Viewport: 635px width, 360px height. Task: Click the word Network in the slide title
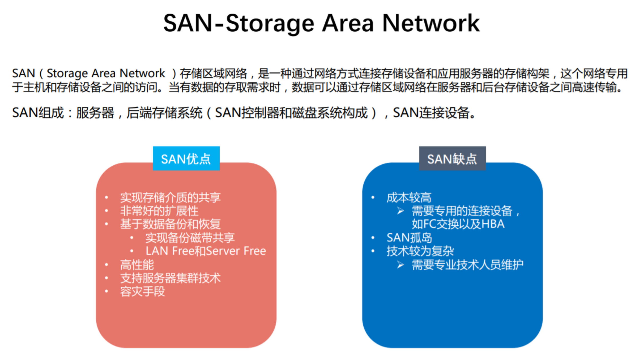(x=431, y=23)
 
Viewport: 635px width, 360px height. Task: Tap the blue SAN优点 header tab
(x=186, y=159)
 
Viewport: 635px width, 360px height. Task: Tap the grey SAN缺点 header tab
(x=452, y=159)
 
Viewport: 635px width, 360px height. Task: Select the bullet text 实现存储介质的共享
(x=170, y=198)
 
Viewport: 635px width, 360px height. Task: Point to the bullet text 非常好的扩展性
(x=159, y=211)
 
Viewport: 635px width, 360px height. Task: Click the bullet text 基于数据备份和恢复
(x=170, y=224)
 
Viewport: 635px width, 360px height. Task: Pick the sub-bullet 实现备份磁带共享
(x=190, y=238)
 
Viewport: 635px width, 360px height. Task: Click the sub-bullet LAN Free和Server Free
(x=206, y=251)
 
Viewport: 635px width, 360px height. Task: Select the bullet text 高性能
(x=137, y=265)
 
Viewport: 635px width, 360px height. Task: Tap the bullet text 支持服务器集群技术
(x=170, y=278)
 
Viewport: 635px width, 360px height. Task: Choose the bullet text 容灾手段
(x=143, y=292)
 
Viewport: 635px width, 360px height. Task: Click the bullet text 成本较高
(x=409, y=198)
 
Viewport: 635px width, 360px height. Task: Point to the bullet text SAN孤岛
(x=409, y=238)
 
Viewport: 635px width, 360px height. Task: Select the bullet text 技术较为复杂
(x=420, y=251)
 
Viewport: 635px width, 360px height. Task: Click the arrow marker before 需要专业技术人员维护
(x=400, y=265)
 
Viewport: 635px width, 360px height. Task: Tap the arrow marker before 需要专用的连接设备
(x=400, y=211)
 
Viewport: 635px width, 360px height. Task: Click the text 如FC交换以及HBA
(x=458, y=224)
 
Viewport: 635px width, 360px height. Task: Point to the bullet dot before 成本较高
(x=373, y=198)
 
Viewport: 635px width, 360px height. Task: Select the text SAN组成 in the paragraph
(x=38, y=113)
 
